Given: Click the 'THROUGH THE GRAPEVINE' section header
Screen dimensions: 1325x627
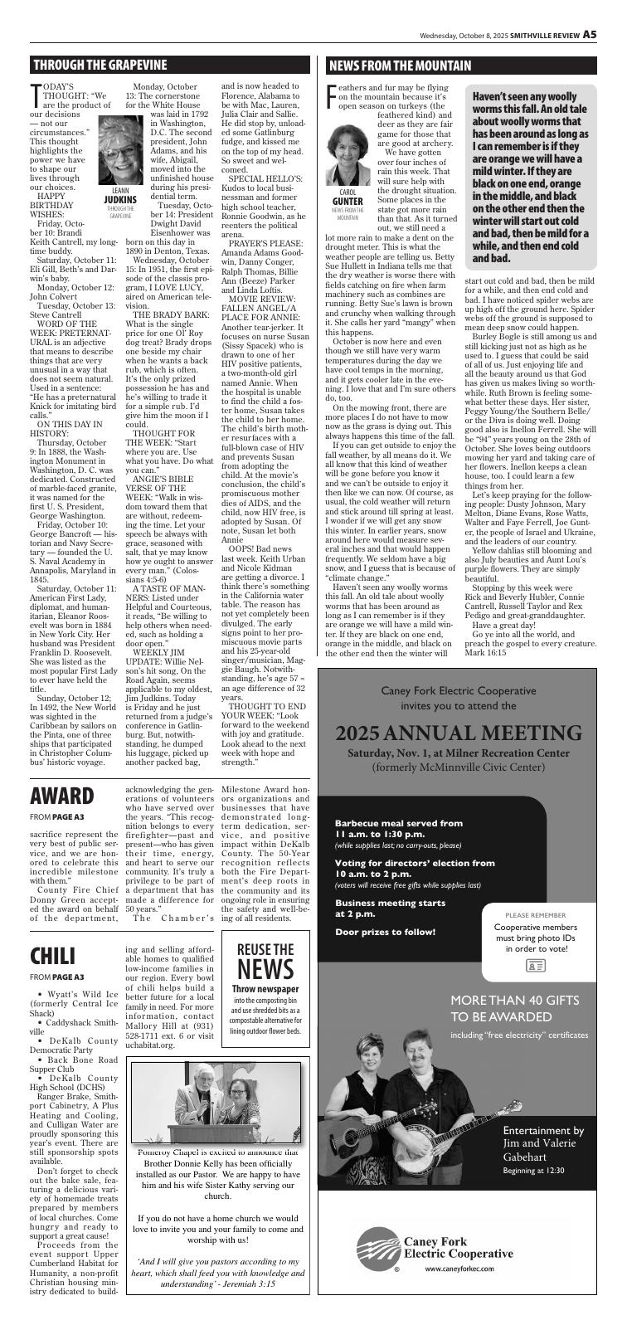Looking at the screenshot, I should coord(100,66).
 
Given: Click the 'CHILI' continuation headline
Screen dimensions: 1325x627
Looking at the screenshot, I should coord(53,956).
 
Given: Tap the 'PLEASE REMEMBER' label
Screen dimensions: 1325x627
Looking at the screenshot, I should coord(535,915).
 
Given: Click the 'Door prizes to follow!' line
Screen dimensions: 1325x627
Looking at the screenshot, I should coord(385,932).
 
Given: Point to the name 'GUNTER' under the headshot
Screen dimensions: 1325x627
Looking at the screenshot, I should coord(346,202).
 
